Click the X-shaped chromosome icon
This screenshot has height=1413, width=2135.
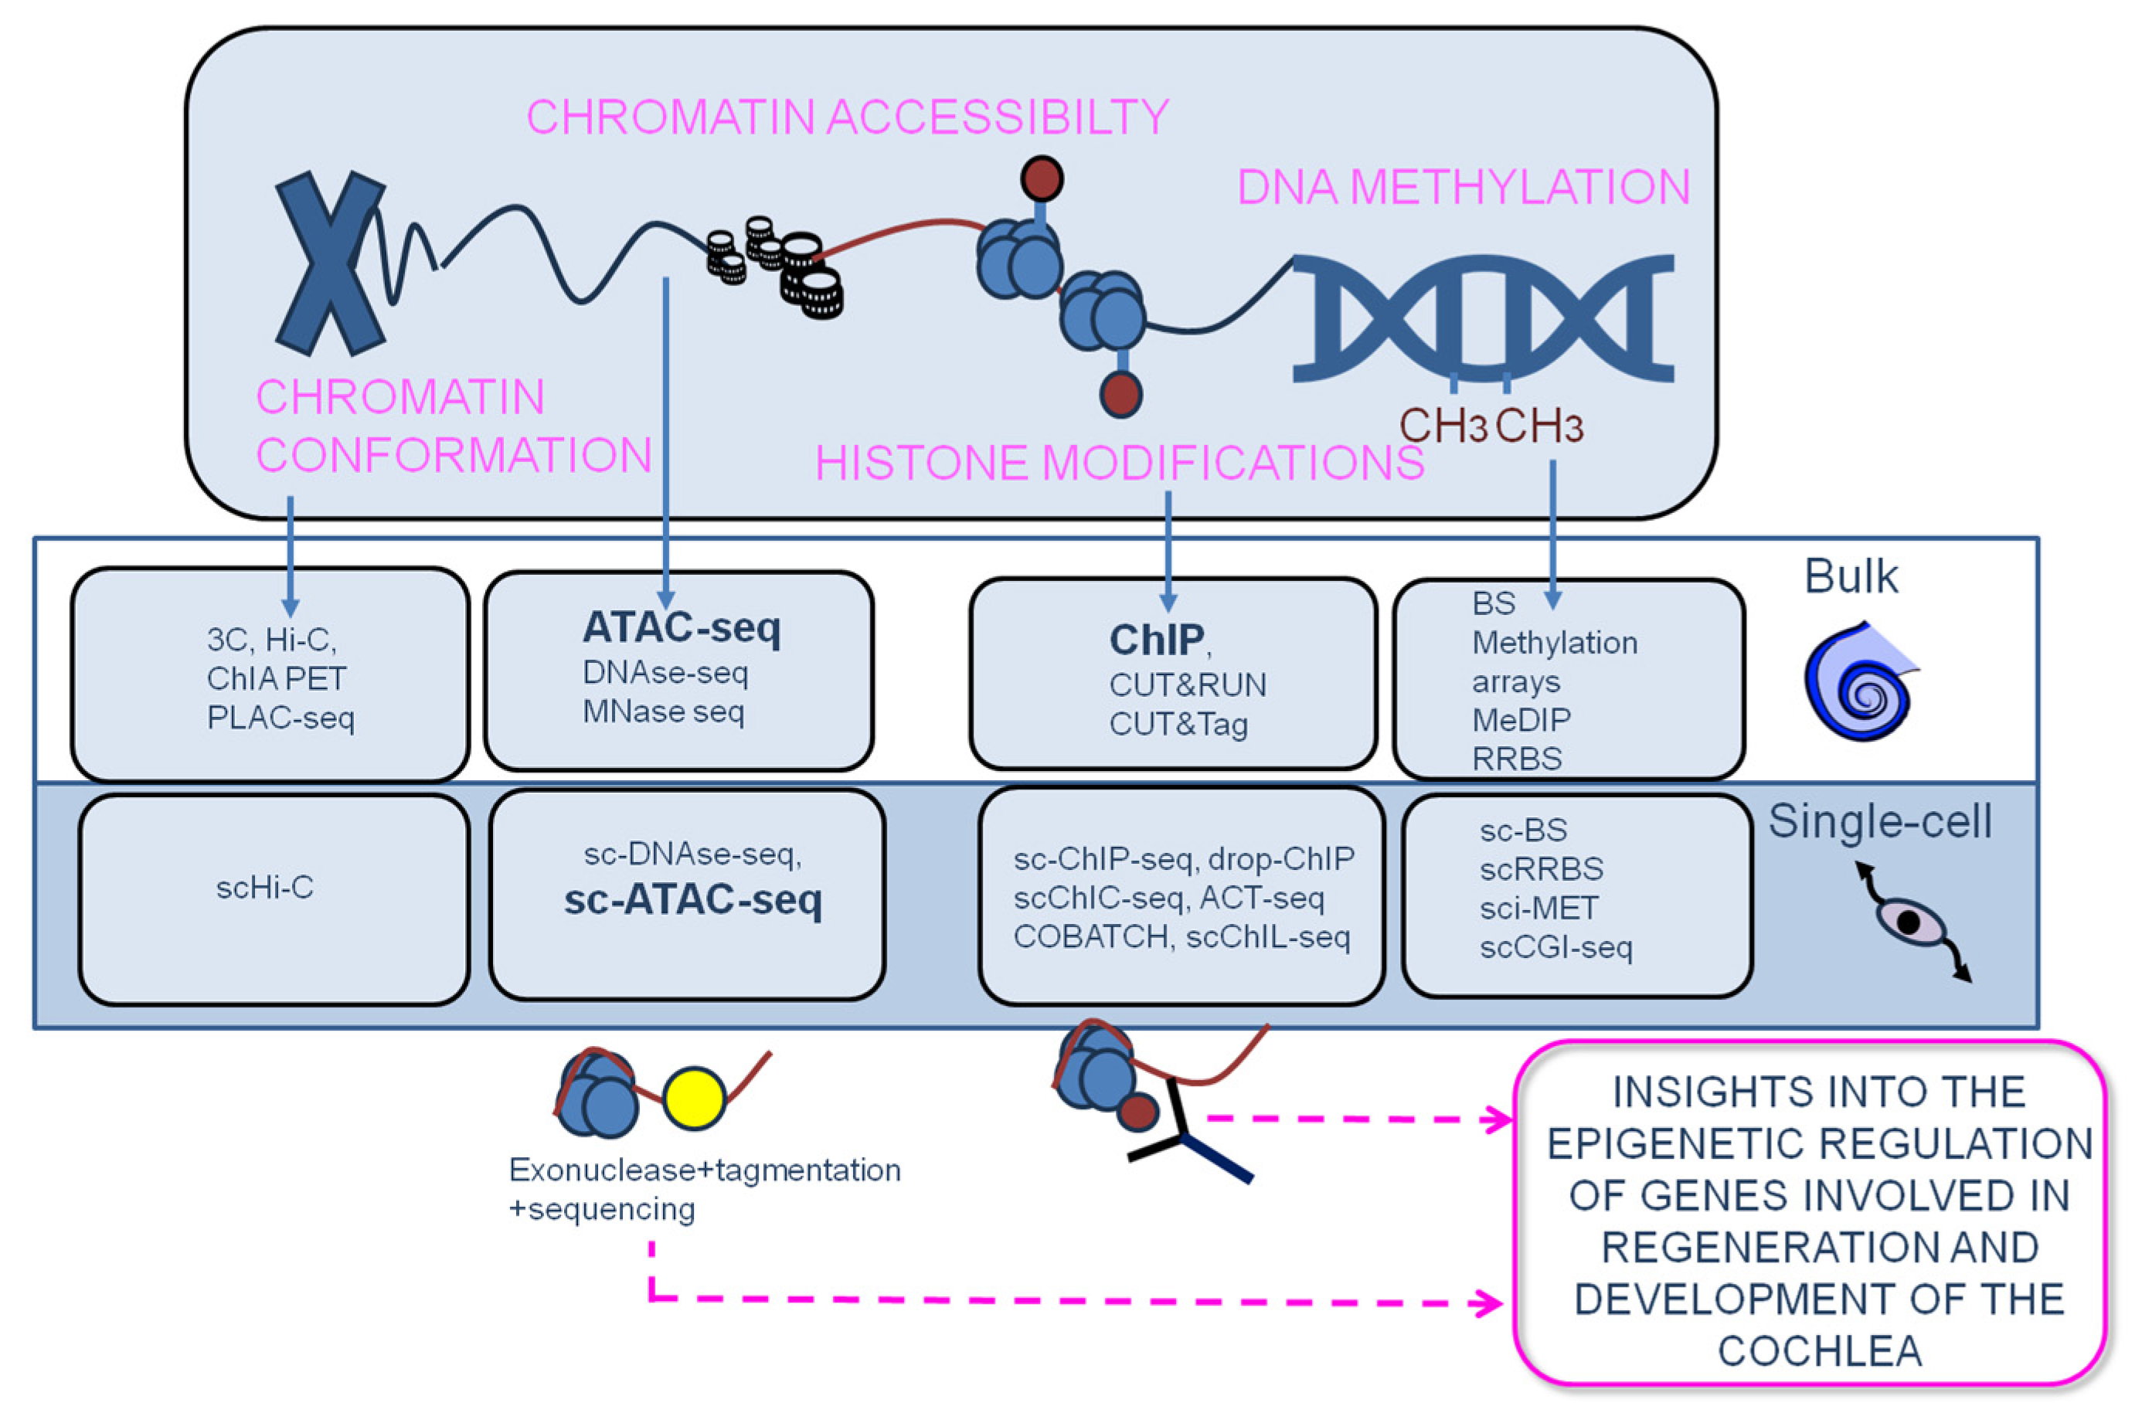(330, 263)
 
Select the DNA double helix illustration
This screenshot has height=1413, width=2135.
(1483, 318)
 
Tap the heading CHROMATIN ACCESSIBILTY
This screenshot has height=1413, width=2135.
(847, 117)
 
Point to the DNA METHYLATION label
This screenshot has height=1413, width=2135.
(1463, 188)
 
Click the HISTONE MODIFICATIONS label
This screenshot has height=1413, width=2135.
(1120, 464)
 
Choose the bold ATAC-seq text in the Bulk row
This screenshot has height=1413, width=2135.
(682, 628)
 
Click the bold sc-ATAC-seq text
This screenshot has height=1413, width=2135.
(693, 899)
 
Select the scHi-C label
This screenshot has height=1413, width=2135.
(265, 888)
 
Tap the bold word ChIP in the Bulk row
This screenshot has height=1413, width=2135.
(1156, 640)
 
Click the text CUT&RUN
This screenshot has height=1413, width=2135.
(1187, 686)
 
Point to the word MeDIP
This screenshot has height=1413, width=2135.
(1521, 720)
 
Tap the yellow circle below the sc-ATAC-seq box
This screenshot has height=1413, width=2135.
(693, 1099)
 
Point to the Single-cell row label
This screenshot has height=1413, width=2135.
(1879, 822)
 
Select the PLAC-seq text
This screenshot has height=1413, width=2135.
(280, 718)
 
